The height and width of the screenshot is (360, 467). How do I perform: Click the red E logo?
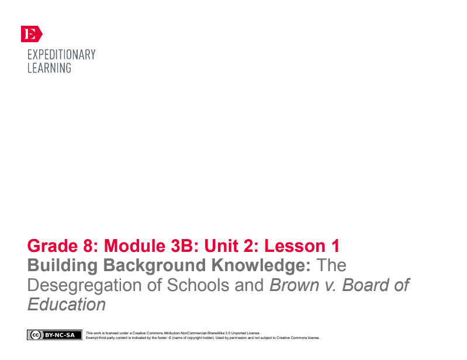click(x=31, y=34)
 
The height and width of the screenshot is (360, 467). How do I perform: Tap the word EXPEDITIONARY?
click(x=61, y=55)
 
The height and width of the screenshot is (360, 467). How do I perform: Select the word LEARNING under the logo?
click(x=49, y=68)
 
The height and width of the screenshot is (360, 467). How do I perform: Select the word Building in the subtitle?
click(x=63, y=266)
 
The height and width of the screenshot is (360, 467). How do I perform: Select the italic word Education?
click(x=67, y=305)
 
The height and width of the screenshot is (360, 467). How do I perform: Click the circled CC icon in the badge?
click(x=35, y=335)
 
